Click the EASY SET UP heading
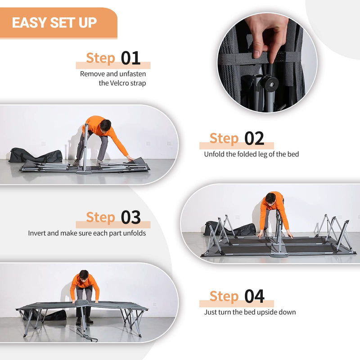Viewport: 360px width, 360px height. click(54, 22)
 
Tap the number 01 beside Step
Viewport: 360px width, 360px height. click(130, 58)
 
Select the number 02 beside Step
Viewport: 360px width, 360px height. click(254, 139)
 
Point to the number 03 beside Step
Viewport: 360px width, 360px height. click(130, 217)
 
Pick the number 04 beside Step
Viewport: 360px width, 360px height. click(254, 297)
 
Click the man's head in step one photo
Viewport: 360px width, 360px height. click(105, 125)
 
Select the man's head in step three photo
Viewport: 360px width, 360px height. click(270, 198)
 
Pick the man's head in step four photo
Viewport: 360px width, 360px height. click(83, 275)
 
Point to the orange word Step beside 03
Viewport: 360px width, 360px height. click(101, 217)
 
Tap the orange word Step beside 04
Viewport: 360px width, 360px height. click(224, 297)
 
